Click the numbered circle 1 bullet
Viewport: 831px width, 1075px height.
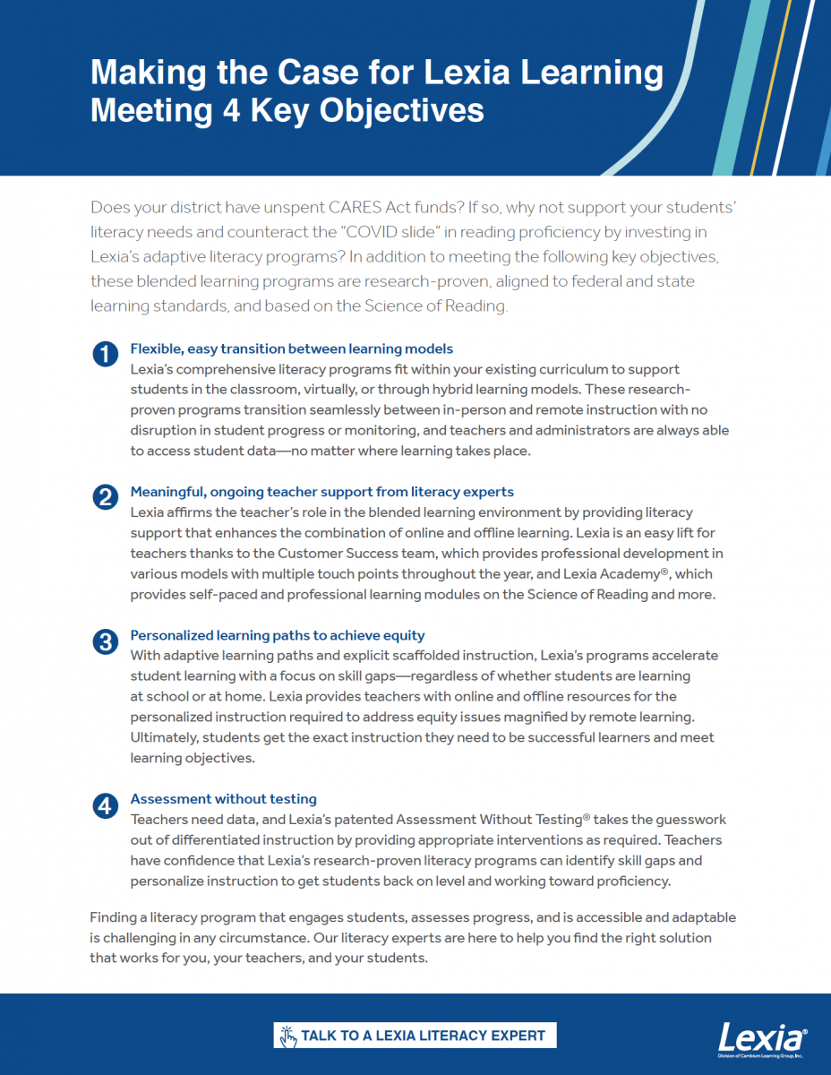tap(105, 355)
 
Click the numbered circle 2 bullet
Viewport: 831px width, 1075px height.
tap(105, 498)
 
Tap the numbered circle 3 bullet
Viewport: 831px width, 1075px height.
tap(105, 641)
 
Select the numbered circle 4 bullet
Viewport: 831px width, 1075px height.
tap(105, 805)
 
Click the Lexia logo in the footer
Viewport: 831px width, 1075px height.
tap(763, 1039)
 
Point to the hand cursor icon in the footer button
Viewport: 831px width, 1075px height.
tap(287, 1036)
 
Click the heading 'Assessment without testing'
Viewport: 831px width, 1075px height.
tap(223, 799)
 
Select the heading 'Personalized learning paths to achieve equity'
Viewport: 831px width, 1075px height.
tap(278, 635)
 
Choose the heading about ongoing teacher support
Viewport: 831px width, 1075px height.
tap(321, 492)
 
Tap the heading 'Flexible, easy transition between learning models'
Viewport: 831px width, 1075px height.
tap(291, 348)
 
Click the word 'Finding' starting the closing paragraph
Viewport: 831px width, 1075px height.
tap(116, 918)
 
